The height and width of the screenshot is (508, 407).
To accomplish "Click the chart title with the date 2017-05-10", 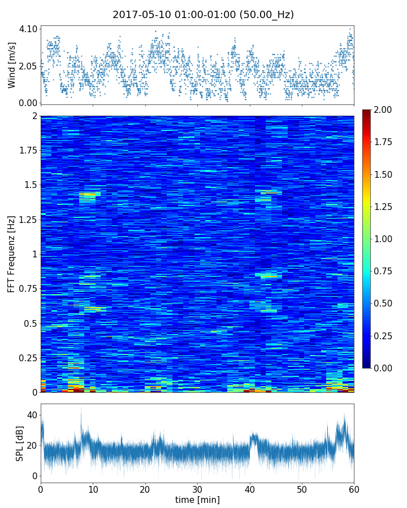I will coord(203,15).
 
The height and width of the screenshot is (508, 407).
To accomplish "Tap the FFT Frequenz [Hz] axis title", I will coord(12,253).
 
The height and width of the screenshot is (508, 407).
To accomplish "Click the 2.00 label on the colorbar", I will coord(384,110).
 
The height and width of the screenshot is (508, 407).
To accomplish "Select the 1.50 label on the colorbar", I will coord(384,174).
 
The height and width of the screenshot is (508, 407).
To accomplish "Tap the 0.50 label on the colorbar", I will coord(384,303).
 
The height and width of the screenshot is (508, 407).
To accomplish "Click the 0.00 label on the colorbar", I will coord(384,368).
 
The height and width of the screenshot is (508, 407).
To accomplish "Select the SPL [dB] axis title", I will coord(20,443).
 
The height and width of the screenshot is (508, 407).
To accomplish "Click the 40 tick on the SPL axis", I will coord(32,415).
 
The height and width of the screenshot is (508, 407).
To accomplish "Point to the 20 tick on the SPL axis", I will coord(32,445).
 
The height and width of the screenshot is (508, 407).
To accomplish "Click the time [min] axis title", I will coord(197,500).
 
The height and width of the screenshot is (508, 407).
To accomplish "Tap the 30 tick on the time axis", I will coord(197,488).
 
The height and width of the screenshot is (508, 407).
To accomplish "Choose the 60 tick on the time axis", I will coord(354,488).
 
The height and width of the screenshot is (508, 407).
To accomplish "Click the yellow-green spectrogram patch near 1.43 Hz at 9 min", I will coord(89,194).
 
